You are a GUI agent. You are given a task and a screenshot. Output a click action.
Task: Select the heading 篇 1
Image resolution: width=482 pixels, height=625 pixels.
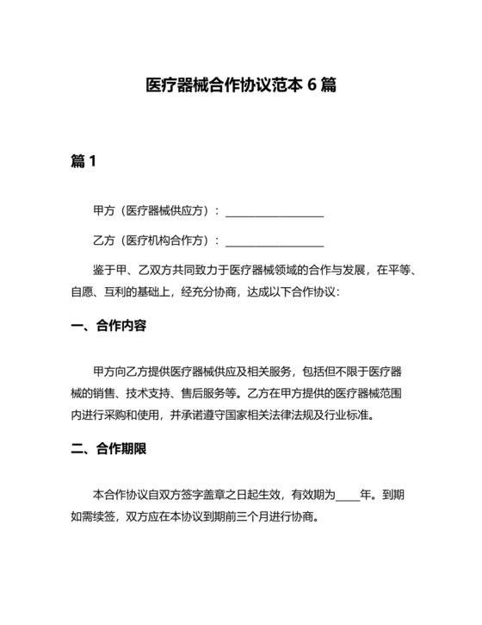pyautogui.click(x=83, y=161)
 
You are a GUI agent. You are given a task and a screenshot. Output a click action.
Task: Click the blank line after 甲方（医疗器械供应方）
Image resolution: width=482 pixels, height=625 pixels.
pyautogui.click(x=274, y=211)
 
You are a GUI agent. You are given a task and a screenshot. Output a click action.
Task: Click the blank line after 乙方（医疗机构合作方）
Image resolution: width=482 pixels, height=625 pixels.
pyautogui.click(x=274, y=241)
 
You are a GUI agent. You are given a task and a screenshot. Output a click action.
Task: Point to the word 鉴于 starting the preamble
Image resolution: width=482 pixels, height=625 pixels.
pyautogui.click(x=102, y=270)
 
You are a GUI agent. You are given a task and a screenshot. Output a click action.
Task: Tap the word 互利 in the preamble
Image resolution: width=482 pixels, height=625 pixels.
pyautogui.click(x=126, y=291)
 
